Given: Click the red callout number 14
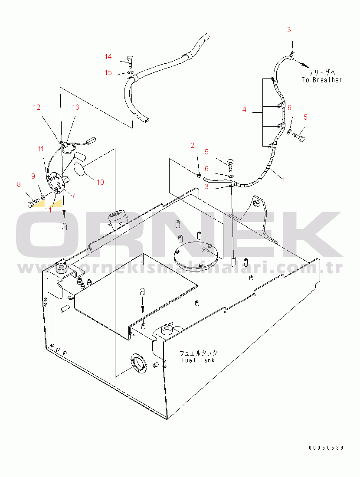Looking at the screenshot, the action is [108, 56].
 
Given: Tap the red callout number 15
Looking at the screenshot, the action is [108, 73].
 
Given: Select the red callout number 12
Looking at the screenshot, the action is [36, 108].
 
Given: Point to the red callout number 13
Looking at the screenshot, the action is [75, 108].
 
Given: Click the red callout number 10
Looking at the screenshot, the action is [101, 182].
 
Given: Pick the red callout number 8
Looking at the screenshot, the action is [19, 184].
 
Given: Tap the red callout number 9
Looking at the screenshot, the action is [33, 176].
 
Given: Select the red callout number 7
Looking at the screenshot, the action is [73, 196].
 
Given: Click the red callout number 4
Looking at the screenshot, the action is [244, 110].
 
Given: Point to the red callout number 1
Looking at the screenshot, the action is [283, 180].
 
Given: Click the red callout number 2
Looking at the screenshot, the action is [192, 146].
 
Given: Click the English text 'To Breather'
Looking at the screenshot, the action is [322, 80].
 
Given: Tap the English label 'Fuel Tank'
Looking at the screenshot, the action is [198, 360].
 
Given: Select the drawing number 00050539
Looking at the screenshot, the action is [326, 448].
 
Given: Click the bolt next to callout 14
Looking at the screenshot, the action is [130, 62].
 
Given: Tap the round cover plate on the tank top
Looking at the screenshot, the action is [196, 254].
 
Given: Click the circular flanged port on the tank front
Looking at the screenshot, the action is [138, 363].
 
